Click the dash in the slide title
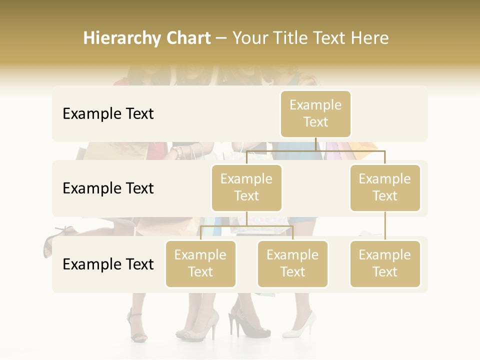pyautogui.click(x=221, y=38)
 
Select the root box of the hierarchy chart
pyautogui.click(x=315, y=114)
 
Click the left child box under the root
pyautogui.click(x=246, y=188)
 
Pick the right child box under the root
pyautogui.click(x=385, y=188)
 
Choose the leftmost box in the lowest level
pyautogui.click(x=200, y=264)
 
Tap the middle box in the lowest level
pyautogui.click(x=292, y=264)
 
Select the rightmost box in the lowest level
pyautogui.click(x=385, y=264)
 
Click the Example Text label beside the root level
pyautogui.click(x=108, y=114)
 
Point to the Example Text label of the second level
pyautogui.click(x=108, y=188)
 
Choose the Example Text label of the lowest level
pyautogui.click(x=108, y=264)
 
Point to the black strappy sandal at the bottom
pyautogui.click(x=137, y=327)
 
